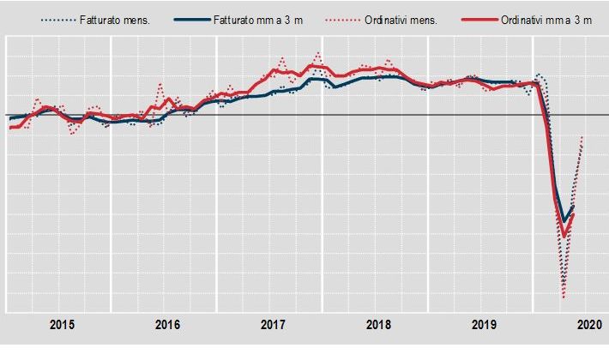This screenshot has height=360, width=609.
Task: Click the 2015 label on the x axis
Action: [62, 326]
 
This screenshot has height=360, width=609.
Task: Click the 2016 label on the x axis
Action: [167, 326]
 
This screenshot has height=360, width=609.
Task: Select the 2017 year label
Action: [273, 326]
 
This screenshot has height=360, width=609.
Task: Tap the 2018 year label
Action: [378, 326]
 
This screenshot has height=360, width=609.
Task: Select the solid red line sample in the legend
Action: [476, 18]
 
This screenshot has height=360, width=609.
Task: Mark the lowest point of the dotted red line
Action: [564, 297]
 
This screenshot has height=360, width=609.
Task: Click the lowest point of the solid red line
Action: [564, 235]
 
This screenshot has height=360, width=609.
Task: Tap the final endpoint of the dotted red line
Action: [583, 136]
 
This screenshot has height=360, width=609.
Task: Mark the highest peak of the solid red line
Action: [319, 66]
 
